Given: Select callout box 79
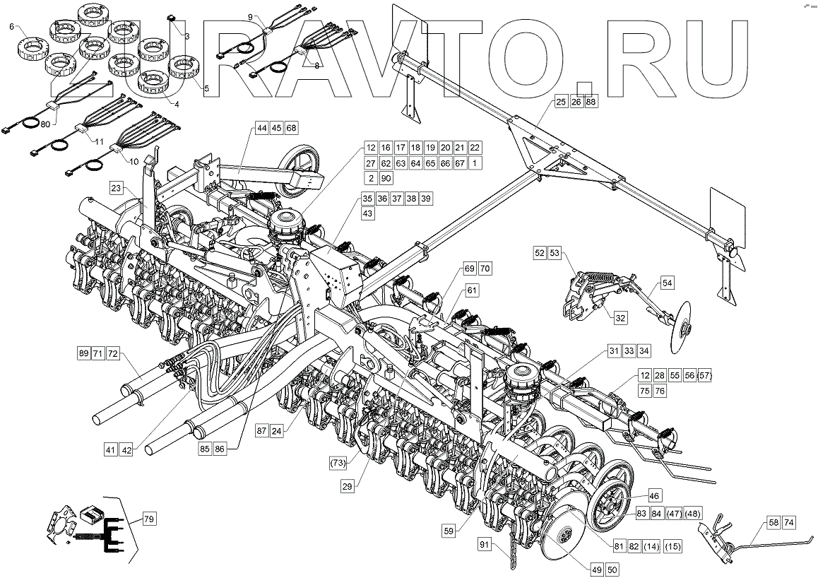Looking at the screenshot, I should click(x=149, y=520).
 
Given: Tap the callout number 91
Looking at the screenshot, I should click(x=484, y=544).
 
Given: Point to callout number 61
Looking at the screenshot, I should click(x=472, y=290).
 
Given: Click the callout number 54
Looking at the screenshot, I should click(x=668, y=283).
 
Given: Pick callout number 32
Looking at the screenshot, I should click(x=620, y=318).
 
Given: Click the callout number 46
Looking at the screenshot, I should click(x=653, y=497).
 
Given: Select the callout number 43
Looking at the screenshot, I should click(x=367, y=213).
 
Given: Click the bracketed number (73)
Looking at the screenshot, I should click(x=339, y=463).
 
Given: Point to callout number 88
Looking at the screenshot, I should click(x=591, y=102).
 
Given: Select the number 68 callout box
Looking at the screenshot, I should click(x=291, y=128).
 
